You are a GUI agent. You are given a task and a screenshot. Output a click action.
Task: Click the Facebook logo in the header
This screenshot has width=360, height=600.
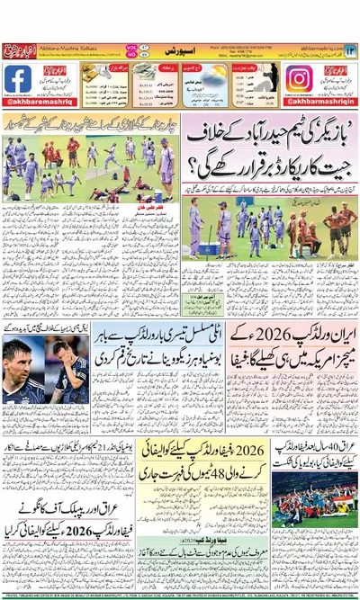pos(18,79)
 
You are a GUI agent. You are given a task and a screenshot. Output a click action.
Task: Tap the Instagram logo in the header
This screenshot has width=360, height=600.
pos(298,79)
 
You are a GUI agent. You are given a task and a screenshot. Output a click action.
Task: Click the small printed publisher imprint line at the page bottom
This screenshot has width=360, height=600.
pos(180,595)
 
